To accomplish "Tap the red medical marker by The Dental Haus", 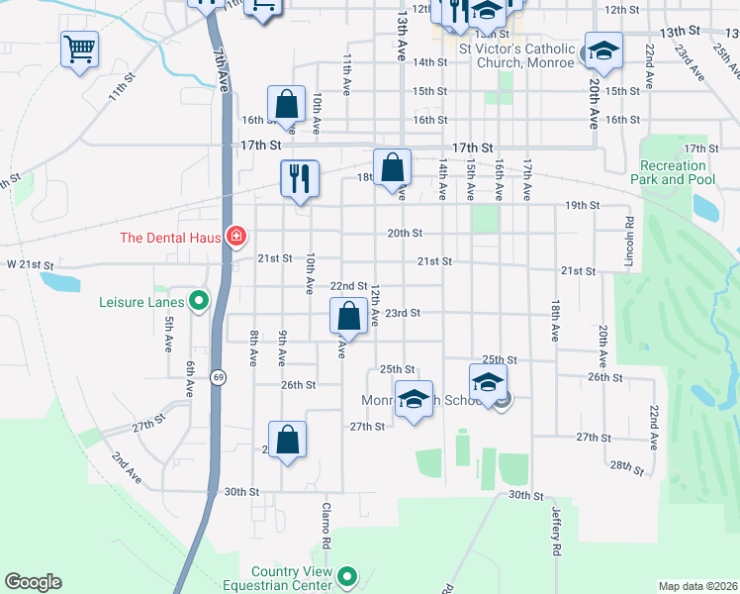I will pos(236,237).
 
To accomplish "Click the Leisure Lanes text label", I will pos(141,301).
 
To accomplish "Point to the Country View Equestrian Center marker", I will pos(347,575).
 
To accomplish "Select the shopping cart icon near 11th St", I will pos(79,49).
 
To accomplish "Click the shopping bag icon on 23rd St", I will pos(348,318).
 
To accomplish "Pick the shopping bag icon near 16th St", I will pos(287,104).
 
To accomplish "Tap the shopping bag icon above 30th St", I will pos(287,442).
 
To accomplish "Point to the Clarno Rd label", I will pos(325,526).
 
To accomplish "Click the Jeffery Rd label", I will pos(556,533).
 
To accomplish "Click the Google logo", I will pos(33,582).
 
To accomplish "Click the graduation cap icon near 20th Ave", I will pos(602,51).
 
